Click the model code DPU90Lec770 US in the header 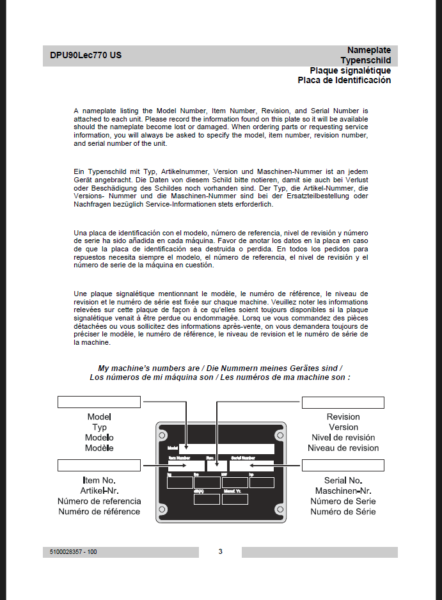[x=86, y=56]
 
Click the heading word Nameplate [x=368, y=50]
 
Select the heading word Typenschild [x=365, y=60]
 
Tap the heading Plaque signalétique [x=350, y=70]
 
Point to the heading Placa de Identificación [x=344, y=81]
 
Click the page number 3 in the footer [x=220, y=551]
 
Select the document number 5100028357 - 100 [x=73, y=552]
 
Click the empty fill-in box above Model [x=99, y=402]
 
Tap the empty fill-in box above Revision [x=343, y=402]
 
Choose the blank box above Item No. [x=99, y=465]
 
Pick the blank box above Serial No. [x=343, y=465]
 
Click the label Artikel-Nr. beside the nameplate [x=99, y=491]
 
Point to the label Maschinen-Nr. [x=343, y=491]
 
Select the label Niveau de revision [x=343, y=448]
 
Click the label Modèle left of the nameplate [x=99, y=448]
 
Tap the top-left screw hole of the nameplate [x=162, y=435]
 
